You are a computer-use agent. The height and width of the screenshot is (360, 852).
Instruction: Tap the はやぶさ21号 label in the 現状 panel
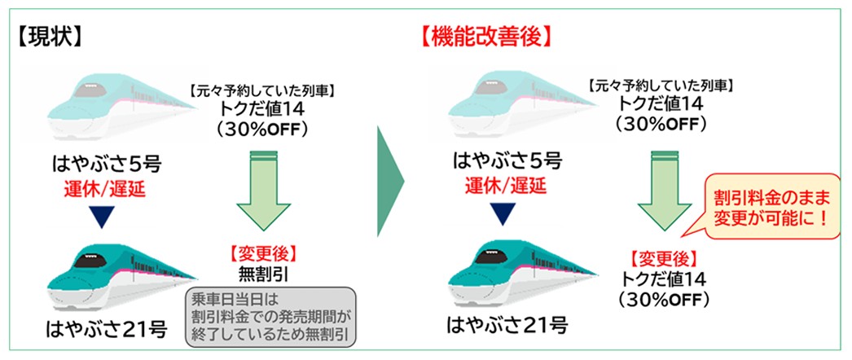pyautogui.click(x=108, y=330)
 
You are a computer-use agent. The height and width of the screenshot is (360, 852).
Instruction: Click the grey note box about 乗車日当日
pyautogui.click(x=271, y=315)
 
